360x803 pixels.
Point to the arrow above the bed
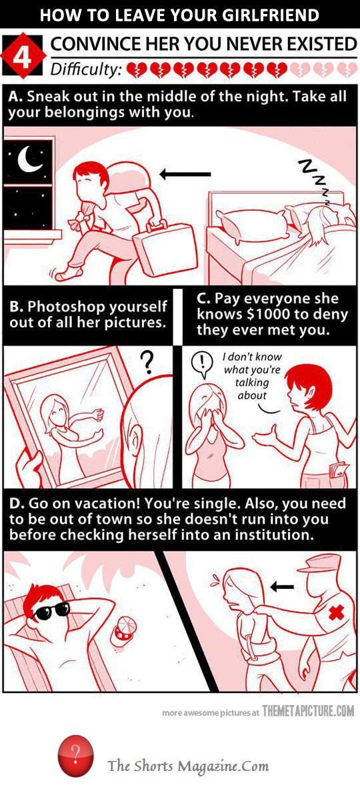coord(185,174)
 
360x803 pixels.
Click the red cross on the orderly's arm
coord(337,612)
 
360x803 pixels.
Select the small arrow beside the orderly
coord(283,587)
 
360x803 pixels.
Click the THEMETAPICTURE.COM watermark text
coord(308,712)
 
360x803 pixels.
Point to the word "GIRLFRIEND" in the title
coord(267,15)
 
